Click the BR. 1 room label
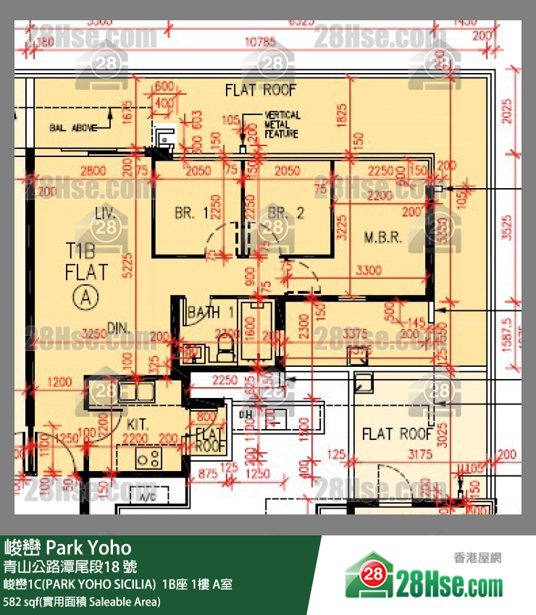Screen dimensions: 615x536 (x=191, y=213)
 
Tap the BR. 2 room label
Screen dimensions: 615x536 (x=286, y=213)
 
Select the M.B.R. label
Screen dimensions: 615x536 (x=383, y=237)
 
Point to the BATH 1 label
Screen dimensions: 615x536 (x=210, y=313)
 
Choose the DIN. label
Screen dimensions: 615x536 (x=119, y=328)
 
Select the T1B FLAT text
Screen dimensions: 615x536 (x=86, y=262)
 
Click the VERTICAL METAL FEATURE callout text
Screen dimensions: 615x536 (x=282, y=124)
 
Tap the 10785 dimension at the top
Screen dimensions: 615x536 (x=261, y=42)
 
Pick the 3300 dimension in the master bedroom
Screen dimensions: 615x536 (x=369, y=271)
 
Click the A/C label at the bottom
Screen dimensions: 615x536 (x=148, y=499)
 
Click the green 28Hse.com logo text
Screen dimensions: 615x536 (x=449, y=583)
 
